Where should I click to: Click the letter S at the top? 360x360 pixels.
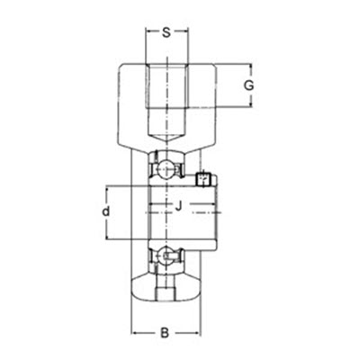[x=166, y=34]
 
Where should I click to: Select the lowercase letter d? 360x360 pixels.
[x=105, y=212]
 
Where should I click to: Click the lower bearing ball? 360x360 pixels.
[x=166, y=258]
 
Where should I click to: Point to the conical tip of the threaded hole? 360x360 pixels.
[x=166, y=134]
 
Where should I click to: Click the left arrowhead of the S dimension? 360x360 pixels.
[x=148, y=34]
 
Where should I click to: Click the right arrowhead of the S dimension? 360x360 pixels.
[x=184, y=34]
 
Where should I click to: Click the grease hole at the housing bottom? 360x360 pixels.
[x=166, y=292]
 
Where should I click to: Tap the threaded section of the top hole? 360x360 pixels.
[x=166, y=90]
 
